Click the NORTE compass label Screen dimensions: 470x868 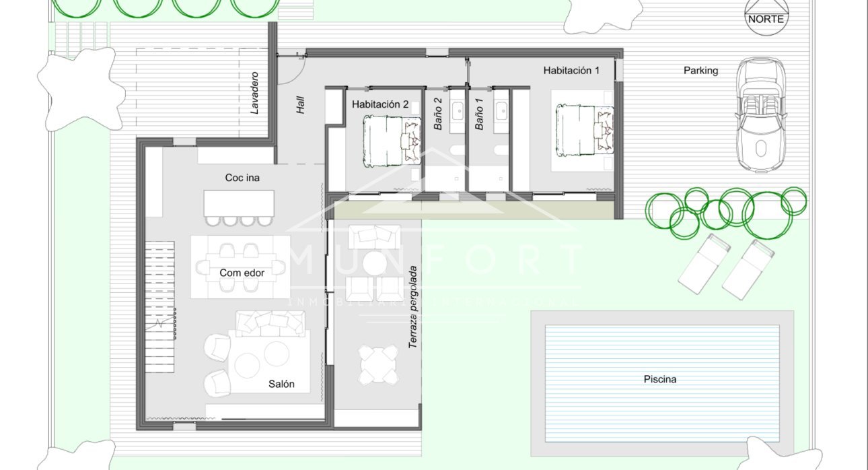(x=766, y=19)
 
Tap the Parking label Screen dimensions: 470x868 (x=700, y=70)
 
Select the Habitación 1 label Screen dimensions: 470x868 (x=571, y=70)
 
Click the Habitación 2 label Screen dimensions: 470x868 (x=380, y=104)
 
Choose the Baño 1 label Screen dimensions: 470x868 (x=479, y=114)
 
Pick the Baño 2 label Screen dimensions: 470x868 (x=437, y=114)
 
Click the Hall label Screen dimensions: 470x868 (x=301, y=104)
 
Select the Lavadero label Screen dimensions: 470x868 (x=254, y=94)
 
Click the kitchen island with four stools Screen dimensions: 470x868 (x=239, y=203)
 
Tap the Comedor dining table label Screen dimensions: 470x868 (x=242, y=273)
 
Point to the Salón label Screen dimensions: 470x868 (x=281, y=384)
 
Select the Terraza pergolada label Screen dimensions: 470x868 (x=413, y=307)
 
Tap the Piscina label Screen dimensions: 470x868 (x=659, y=379)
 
